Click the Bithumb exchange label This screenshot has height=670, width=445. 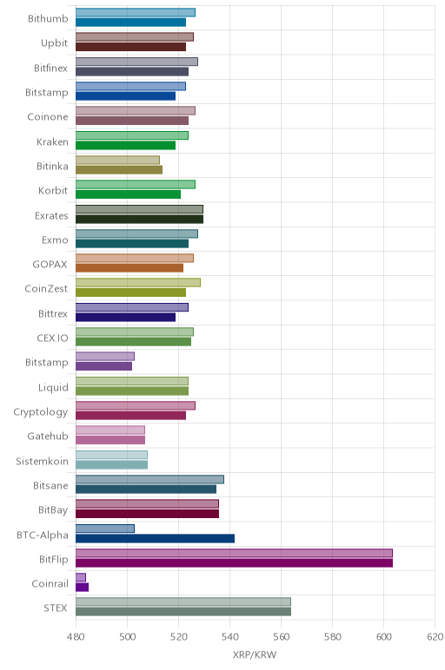[48, 18]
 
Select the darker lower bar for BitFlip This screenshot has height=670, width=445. [234, 562]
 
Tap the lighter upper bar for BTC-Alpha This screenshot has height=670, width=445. [105, 529]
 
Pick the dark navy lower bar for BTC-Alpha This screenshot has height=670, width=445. [155, 538]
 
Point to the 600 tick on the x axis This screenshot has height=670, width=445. [384, 637]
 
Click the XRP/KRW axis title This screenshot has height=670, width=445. [255, 654]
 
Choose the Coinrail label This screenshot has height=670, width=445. [50, 584]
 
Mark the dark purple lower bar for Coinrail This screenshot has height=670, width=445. [83, 587]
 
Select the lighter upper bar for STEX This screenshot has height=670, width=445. [183, 601]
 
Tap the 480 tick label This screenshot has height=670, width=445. [76, 637]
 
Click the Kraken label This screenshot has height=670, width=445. [52, 141]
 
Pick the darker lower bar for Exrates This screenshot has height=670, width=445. [139, 219]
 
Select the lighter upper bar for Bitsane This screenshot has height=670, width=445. [149, 479]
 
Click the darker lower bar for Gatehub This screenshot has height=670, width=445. [110, 440]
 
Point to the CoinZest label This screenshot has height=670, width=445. [46, 289]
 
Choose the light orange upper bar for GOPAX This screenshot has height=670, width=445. [135, 258]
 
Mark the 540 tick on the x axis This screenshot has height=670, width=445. [229, 637]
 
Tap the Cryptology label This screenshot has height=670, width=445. [41, 412]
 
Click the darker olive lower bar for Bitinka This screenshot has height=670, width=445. [119, 169]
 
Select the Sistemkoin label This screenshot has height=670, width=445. [42, 462]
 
